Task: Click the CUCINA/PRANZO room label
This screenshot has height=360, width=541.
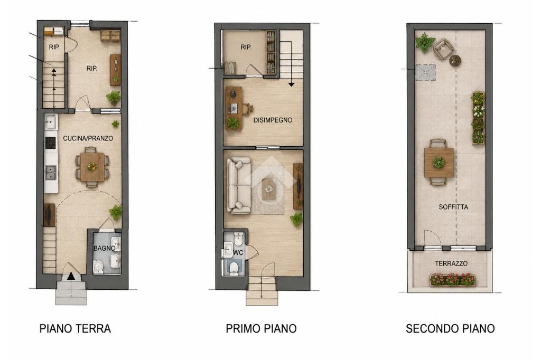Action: pyautogui.click(x=88, y=138)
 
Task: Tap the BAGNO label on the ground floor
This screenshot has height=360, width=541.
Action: pyautogui.click(x=104, y=248)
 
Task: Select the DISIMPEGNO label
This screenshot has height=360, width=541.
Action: pyautogui.click(x=273, y=120)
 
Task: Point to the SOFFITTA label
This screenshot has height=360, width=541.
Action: pyautogui.click(x=453, y=207)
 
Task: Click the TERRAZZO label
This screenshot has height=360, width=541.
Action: pyautogui.click(x=451, y=263)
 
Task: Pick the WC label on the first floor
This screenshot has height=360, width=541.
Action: pyautogui.click(x=238, y=253)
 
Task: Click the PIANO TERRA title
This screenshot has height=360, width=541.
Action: pyautogui.click(x=75, y=329)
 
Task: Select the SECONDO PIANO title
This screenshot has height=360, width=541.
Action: pyautogui.click(x=450, y=329)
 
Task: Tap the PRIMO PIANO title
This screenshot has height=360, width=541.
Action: pyautogui.click(x=261, y=329)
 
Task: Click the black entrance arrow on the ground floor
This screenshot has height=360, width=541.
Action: pyautogui.click(x=71, y=276)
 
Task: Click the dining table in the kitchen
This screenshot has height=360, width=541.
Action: pyautogui.click(x=91, y=167)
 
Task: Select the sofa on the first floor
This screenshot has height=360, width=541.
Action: pyautogui.click(x=238, y=185)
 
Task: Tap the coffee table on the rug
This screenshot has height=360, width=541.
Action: pyautogui.click(x=269, y=189)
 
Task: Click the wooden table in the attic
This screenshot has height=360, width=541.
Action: pyautogui.click(x=439, y=162)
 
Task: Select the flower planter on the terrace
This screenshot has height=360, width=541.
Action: pyautogui.click(x=452, y=280)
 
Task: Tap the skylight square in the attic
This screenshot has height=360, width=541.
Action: pyautogui.click(x=425, y=72)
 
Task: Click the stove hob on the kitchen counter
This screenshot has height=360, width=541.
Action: pyautogui.click(x=51, y=143)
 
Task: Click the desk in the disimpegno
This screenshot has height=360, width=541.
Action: pyautogui.click(x=234, y=108)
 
